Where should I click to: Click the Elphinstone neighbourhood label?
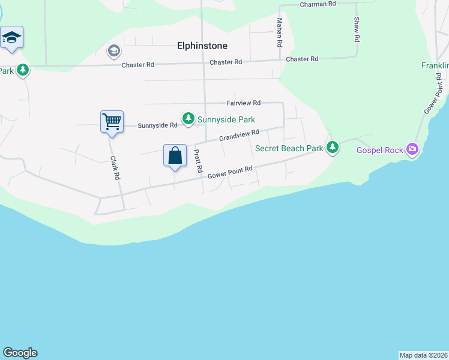click(202, 45)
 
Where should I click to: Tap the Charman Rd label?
click(318, 4)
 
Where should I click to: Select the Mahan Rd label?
click(280, 32)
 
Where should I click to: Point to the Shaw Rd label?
click(357, 29)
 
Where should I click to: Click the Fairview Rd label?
click(243, 103)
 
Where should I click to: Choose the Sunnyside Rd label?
click(157, 125)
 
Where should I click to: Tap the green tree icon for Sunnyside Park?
click(188, 118)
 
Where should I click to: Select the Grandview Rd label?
click(239, 136)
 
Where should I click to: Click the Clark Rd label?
click(115, 169)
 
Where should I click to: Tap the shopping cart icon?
click(112, 122)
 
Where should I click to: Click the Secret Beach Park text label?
click(289, 148)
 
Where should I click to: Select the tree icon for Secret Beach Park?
click(333, 147)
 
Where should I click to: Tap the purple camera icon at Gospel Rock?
click(412, 149)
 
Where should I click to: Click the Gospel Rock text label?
click(379, 150)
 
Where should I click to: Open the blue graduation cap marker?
click(11, 38)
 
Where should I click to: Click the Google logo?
click(20, 353)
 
